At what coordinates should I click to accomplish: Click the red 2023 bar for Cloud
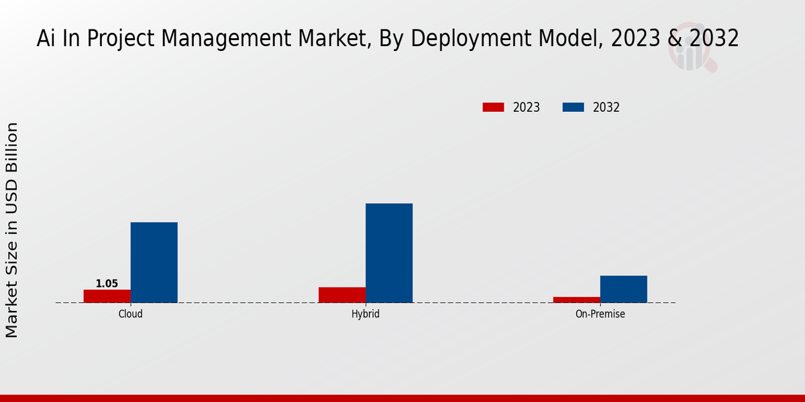coord(107,296)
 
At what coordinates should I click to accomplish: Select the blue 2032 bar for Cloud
coord(154,262)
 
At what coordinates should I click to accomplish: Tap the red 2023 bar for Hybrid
coord(342,295)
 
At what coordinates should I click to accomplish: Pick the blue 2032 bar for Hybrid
coord(389,253)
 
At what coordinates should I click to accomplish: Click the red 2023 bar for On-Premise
coord(577,299)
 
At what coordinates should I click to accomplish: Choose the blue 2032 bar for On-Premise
coord(624,289)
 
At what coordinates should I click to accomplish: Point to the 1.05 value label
coord(107,283)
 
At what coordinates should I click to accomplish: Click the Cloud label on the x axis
coord(131,314)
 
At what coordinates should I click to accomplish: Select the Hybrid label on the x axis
coord(366,314)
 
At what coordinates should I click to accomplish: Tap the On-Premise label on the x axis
coord(600,314)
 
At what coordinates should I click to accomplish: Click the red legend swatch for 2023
coord(493,107)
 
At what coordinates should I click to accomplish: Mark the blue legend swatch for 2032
coord(573,107)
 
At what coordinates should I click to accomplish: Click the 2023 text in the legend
coord(527,107)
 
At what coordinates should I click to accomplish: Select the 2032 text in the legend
coord(606,107)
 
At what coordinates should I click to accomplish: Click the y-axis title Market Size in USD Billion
coord(12,230)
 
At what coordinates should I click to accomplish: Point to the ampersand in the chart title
coord(676,39)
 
